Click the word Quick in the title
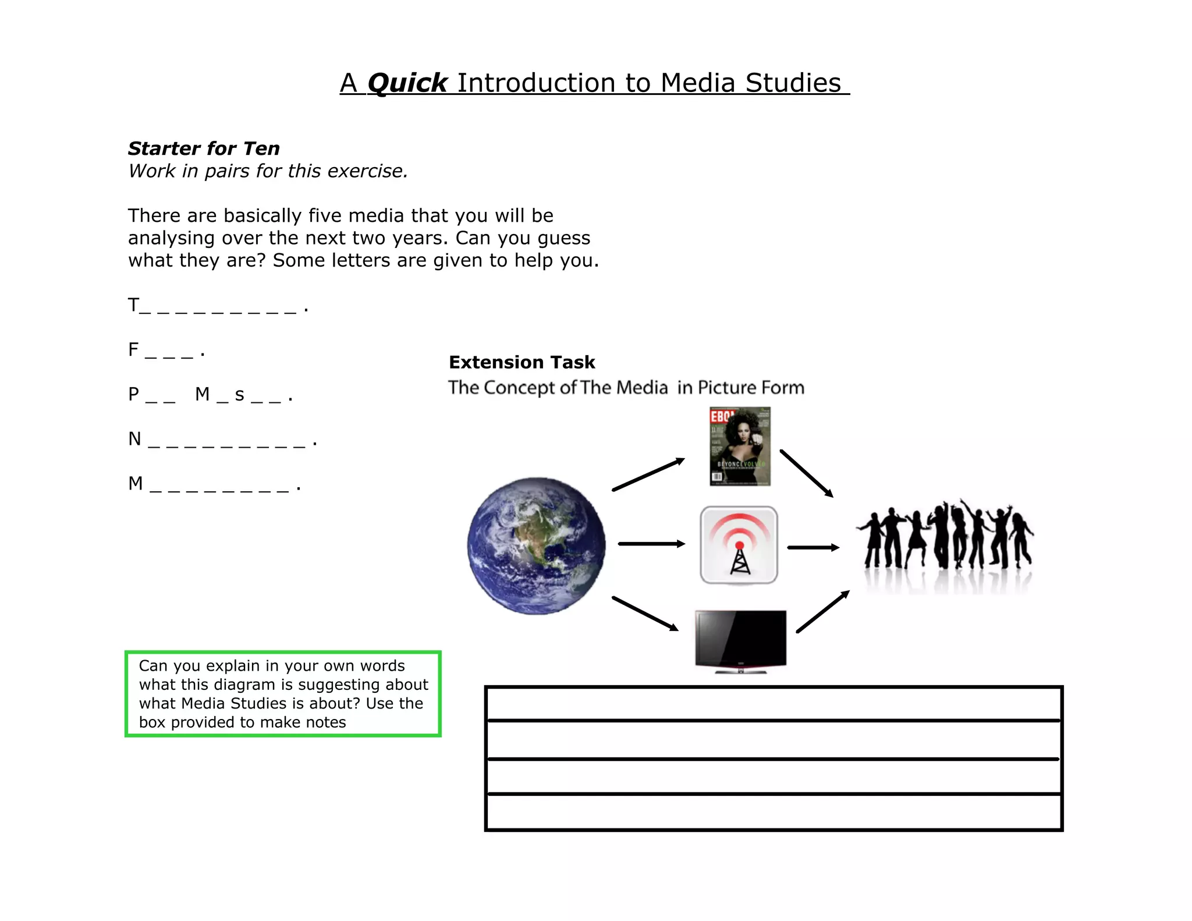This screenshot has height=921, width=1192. pyautogui.click(x=407, y=83)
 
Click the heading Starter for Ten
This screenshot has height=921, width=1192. pyautogui.click(x=204, y=148)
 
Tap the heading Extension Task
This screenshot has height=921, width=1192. pyautogui.click(x=521, y=362)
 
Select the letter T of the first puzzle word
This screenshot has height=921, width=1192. pyautogui.click(x=133, y=304)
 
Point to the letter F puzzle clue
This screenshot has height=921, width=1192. pyautogui.click(x=133, y=349)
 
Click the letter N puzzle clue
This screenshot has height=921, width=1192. pyautogui.click(x=134, y=438)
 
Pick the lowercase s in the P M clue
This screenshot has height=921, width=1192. pyautogui.click(x=239, y=395)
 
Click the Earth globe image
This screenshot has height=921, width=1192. pyautogui.click(x=536, y=545)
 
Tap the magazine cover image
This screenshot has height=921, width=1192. pyautogui.click(x=740, y=446)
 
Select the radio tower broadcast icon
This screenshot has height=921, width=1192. pyautogui.click(x=739, y=545)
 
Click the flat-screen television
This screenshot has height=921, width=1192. pyautogui.click(x=740, y=640)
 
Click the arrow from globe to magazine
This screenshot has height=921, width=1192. pyautogui.click(x=648, y=474)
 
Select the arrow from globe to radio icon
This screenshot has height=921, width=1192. pyautogui.click(x=651, y=544)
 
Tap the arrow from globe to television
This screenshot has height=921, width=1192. pyautogui.click(x=645, y=613)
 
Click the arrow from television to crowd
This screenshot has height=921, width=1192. pyautogui.click(x=822, y=611)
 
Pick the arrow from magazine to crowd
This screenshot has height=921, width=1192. pyautogui.click(x=806, y=473)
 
